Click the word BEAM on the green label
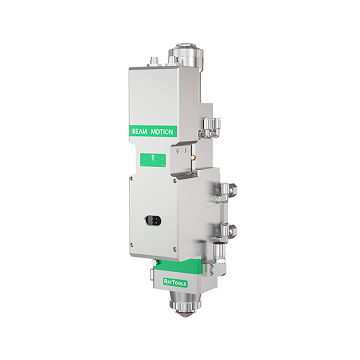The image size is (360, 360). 140,132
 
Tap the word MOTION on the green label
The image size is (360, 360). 162,132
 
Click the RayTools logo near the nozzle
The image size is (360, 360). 175,282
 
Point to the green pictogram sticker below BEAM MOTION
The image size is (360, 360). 153,160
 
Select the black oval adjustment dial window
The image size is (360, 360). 153,220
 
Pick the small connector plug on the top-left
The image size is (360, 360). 153,62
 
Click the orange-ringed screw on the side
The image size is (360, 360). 194,157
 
